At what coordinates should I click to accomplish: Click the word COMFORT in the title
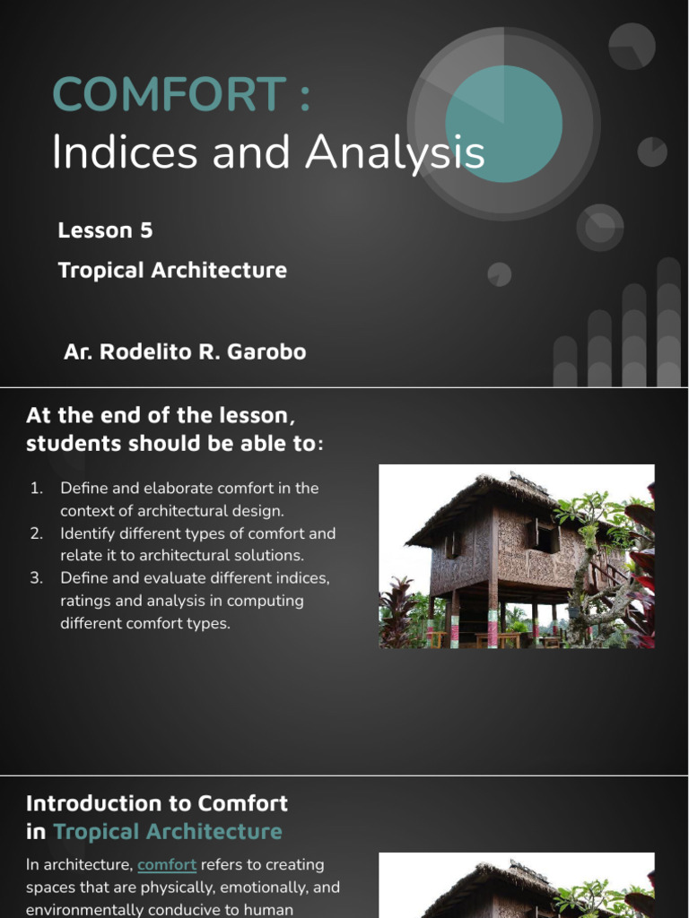tap(169, 95)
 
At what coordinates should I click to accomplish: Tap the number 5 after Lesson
tap(146, 230)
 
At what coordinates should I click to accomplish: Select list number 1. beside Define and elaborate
tap(37, 489)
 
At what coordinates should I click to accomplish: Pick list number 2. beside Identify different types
tap(37, 533)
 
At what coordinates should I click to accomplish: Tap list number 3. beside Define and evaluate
tap(37, 578)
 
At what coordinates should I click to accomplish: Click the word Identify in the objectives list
tap(88, 533)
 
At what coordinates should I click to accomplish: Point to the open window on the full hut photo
tap(542, 536)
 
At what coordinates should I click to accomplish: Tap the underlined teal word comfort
tap(167, 865)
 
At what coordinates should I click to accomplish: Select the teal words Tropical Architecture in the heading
tap(168, 831)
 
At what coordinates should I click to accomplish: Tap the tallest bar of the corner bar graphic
tap(668, 323)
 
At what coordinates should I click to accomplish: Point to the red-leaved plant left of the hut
tap(397, 614)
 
